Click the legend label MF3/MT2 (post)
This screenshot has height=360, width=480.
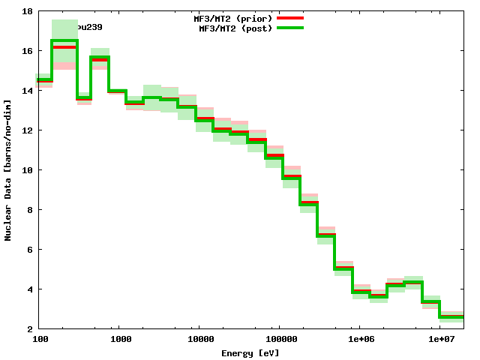click(235, 28)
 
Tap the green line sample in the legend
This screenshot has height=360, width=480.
click(289, 28)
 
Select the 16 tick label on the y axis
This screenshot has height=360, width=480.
click(26, 51)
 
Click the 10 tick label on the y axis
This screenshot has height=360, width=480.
click(26, 170)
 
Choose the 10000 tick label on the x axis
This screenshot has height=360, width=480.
click(197, 340)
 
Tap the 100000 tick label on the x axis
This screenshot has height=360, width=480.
click(278, 340)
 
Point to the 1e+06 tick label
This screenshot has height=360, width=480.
click(359, 340)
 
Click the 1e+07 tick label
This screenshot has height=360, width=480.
click(440, 340)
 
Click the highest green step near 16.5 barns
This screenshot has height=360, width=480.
click(64, 40)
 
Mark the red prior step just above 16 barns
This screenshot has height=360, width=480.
click(64, 47)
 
